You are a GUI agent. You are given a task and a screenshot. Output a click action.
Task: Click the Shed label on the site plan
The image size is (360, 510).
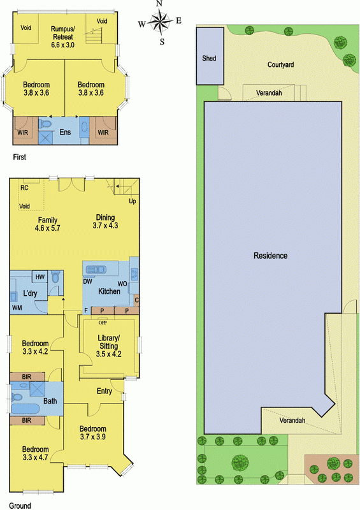tap(209, 58)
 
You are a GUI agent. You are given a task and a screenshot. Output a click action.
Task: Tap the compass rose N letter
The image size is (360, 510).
tap(159, 4)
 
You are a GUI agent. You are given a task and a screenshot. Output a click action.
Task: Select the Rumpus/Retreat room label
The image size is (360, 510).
tap(62, 37)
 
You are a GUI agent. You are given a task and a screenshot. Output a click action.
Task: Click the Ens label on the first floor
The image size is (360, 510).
tap(65, 132)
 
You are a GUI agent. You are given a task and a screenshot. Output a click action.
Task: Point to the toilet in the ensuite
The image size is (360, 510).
tap(45, 124)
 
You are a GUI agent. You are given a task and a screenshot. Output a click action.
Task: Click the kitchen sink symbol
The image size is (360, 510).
tap(96, 270)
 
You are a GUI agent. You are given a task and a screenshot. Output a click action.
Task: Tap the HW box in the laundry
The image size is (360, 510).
tap(40, 277)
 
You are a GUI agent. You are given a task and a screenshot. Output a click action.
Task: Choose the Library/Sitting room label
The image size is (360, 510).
tap(108, 346)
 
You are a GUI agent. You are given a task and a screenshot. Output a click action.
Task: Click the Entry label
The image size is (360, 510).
tap(104, 391)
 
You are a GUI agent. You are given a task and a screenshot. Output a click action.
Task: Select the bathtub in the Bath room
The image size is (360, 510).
tap(25, 409)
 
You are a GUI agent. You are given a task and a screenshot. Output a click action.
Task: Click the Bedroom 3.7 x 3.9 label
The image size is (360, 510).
tap(92, 433)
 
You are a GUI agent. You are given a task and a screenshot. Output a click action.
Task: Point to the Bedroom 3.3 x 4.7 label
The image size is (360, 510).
tap(35, 453)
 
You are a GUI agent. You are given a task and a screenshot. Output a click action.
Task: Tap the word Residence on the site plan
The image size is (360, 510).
tap(271, 256)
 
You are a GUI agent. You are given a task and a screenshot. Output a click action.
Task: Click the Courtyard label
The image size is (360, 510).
tap(280, 65)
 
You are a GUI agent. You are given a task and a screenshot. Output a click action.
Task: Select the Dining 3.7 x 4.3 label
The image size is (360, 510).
tap(105, 221)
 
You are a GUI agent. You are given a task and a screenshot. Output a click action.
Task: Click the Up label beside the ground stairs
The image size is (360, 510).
tap(133, 201)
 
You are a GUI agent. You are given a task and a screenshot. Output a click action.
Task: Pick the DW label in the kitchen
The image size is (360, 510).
tap(88, 281)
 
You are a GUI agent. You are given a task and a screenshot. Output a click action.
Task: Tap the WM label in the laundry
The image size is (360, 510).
tap(17, 307)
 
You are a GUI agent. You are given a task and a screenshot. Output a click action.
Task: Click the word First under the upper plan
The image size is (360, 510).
tap(20, 157)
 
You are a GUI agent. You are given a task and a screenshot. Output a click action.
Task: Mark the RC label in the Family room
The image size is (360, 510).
tap(24, 187)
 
